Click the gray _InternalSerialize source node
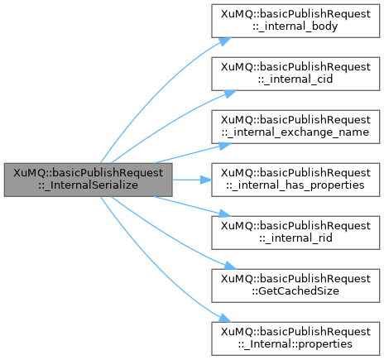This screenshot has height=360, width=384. (89, 180)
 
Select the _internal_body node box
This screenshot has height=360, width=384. (295, 21)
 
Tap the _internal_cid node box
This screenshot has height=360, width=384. (295, 74)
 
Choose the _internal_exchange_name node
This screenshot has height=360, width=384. (295, 127)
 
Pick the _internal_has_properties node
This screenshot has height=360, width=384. (295, 180)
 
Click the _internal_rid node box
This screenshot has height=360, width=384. (295, 233)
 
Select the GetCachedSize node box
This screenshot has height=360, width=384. (295, 286)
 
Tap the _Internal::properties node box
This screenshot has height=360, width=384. (295, 338)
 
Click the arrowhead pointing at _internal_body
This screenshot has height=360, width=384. (226, 41)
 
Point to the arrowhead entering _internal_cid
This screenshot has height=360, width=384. (230, 94)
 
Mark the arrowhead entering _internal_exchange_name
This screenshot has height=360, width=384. (225, 146)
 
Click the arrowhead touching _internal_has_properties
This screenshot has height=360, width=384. (206, 180)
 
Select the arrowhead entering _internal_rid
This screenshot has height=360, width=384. (225, 214)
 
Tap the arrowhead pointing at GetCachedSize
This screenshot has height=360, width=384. (230, 266)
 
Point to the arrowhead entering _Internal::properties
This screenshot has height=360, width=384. (226, 319)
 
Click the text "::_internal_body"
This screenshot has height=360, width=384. (295, 26)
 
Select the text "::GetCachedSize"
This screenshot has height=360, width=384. (295, 291)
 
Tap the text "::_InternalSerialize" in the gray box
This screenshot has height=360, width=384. (89, 185)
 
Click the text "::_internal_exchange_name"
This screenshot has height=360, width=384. (295, 132)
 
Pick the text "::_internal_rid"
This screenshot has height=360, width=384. (295, 238)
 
